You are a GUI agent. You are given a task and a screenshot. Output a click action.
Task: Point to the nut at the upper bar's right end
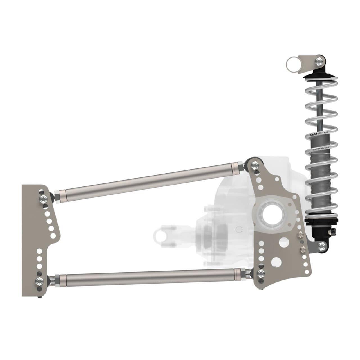[255, 165]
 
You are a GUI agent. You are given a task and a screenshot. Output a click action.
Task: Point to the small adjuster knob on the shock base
[334, 231]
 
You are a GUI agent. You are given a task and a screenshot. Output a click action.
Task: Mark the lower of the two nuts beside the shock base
[303, 249]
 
